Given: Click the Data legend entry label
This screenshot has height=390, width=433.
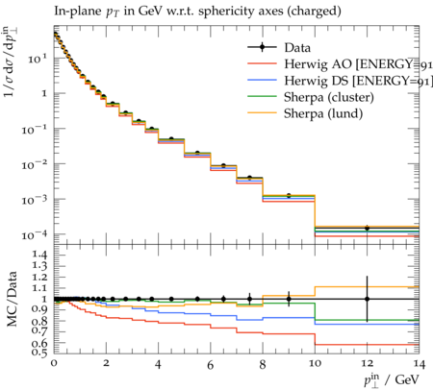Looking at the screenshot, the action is tap(297, 48).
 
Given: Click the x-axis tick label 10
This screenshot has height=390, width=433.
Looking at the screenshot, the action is tap(315, 363).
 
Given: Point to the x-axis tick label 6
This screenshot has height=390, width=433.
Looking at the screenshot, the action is tap(210, 364).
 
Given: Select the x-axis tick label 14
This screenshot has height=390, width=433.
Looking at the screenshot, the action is tap(419, 364).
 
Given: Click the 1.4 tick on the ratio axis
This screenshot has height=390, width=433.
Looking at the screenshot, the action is tap(38, 256).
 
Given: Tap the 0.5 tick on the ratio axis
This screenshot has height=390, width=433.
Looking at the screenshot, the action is tap(38, 352).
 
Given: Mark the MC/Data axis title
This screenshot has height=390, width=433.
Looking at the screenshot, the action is tap(12, 299).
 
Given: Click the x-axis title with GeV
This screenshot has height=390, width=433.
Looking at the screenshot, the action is tap(392, 379).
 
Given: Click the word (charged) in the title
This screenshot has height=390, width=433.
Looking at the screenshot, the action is tap(314, 12).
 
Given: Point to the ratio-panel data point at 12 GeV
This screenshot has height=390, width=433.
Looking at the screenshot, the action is tap(367, 299).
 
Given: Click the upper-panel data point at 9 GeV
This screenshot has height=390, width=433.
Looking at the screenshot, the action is tap(289, 195).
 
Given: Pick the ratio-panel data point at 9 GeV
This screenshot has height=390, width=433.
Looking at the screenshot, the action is tap(289, 299).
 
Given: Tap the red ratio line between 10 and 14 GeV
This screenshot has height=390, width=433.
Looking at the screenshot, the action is tap(367, 345).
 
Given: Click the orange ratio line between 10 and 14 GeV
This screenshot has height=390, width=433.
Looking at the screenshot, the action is tap(367, 287).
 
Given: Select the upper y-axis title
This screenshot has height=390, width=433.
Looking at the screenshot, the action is tap(12, 61).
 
